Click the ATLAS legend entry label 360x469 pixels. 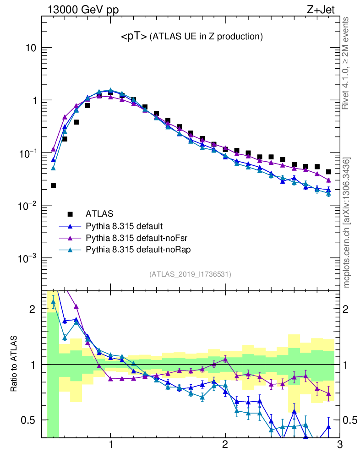pyautogui.click(x=99, y=213)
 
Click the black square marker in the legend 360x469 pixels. pyautogui.click(x=70, y=213)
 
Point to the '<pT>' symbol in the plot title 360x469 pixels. pyautogui.click(x=134, y=37)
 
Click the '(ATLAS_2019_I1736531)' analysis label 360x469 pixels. pyautogui.click(x=190, y=274)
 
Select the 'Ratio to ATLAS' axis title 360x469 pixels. pyautogui.click(x=15, y=364)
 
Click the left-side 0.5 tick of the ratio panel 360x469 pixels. pyautogui.click(x=29, y=420)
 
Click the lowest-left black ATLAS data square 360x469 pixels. pyautogui.click(x=53, y=185)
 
